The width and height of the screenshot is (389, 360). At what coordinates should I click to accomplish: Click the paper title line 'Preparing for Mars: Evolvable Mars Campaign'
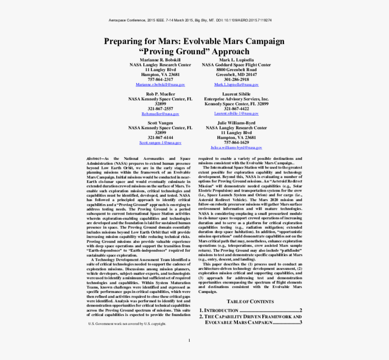pyautogui.click(x=194, y=41)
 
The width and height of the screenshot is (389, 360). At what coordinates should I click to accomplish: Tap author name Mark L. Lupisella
pyautogui.click(x=236, y=60)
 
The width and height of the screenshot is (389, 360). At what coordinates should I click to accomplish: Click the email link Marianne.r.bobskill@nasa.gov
pyautogui.click(x=160, y=85)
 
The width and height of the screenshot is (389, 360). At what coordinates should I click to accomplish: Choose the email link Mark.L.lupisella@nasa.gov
pyautogui.click(x=236, y=85)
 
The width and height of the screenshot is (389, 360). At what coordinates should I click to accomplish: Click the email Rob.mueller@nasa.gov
pyautogui.click(x=160, y=114)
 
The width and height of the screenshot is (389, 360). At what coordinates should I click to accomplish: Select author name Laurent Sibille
pyautogui.click(x=236, y=94)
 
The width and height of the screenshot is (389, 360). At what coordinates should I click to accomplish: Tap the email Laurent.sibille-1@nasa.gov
pyautogui.click(x=236, y=114)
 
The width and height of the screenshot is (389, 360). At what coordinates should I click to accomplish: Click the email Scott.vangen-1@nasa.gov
pyautogui.click(x=160, y=143)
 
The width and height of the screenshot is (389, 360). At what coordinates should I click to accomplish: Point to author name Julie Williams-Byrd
pyautogui.click(x=236, y=123)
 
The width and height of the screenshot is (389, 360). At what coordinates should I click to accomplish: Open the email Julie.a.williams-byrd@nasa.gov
pyautogui.click(x=236, y=148)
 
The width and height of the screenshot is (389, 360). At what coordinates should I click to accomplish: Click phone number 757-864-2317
pyautogui.click(x=160, y=80)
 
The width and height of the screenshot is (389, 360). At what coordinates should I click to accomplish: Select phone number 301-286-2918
pyautogui.click(x=236, y=80)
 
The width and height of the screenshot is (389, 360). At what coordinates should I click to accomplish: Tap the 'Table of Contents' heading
pyautogui.click(x=250, y=302)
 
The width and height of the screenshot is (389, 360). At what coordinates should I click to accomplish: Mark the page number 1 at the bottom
pyautogui.click(x=189, y=341)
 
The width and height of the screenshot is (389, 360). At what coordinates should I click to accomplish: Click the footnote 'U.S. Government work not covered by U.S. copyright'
pyautogui.click(x=127, y=324)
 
